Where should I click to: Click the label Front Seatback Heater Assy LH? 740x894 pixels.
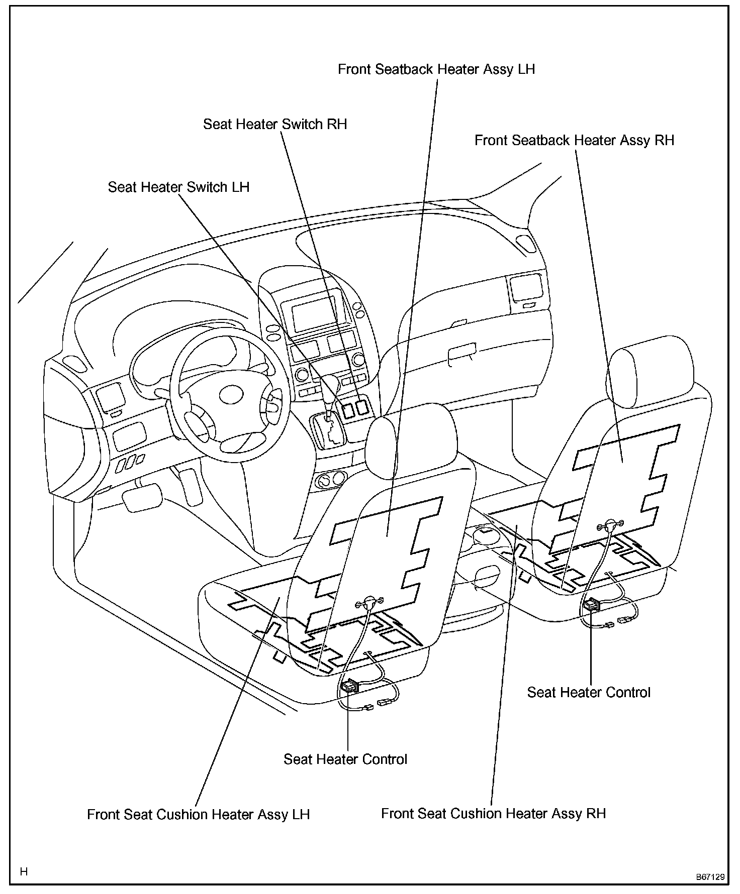(x=436, y=69)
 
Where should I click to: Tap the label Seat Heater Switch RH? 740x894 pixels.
(x=275, y=124)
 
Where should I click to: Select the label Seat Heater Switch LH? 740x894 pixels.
(x=178, y=187)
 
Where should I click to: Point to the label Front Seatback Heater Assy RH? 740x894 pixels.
(x=574, y=140)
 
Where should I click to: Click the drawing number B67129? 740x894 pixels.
(x=710, y=877)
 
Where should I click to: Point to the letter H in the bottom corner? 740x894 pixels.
(x=24, y=871)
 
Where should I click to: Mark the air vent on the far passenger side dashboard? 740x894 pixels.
(x=525, y=288)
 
